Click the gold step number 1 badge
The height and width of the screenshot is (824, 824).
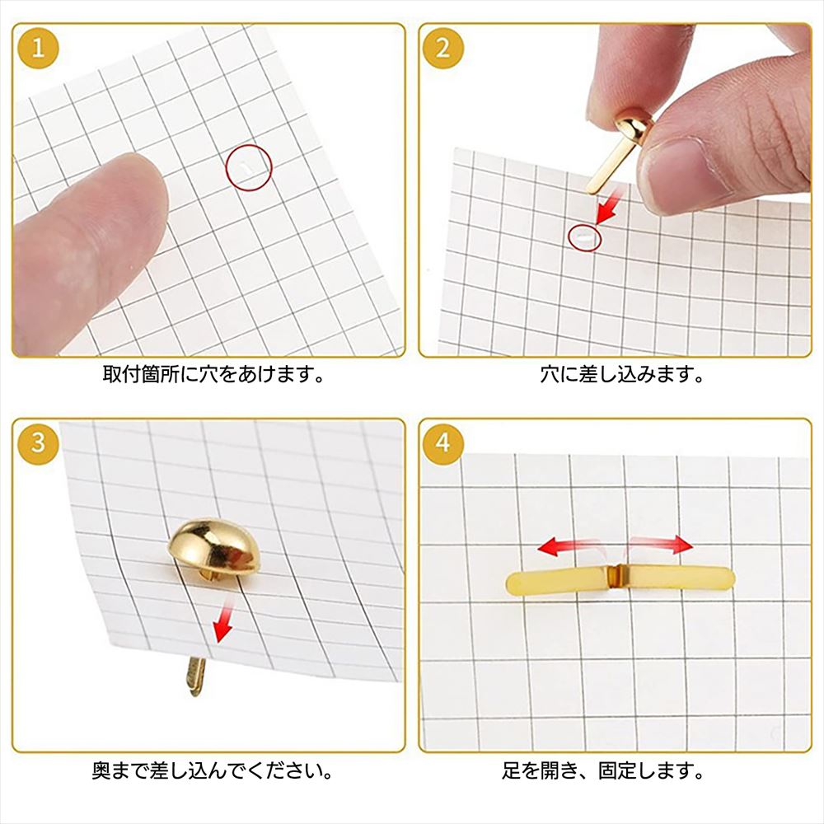(38, 49)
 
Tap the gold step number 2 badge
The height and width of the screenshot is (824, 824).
(443, 49)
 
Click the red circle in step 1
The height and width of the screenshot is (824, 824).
(227, 168)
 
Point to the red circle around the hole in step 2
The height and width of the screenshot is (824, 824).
(569, 238)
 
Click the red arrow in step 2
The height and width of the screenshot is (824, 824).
(610, 207)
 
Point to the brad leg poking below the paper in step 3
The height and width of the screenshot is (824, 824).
(195, 677)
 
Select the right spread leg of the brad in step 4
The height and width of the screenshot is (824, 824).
(678, 578)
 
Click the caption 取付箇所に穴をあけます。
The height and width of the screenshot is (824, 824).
(214, 374)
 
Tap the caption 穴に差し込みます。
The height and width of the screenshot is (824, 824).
(622, 374)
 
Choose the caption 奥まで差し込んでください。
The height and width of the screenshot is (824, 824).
(213, 770)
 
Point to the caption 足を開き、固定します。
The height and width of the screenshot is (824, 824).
(603, 770)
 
